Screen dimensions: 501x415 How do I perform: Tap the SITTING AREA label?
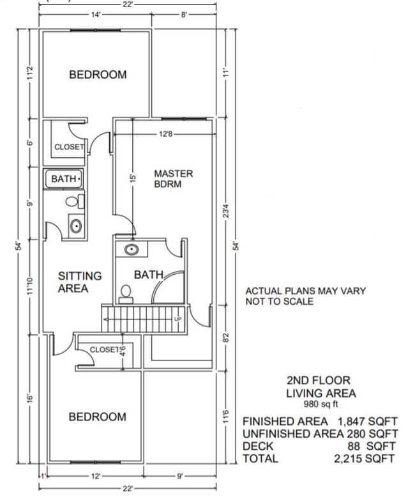[x=80, y=282]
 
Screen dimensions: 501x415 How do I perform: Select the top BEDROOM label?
[x=98, y=75]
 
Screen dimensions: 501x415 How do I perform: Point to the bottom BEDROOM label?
[x=98, y=417]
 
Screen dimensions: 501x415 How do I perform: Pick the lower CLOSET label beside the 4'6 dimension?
[x=104, y=350]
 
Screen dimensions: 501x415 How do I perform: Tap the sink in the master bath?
[x=132, y=249]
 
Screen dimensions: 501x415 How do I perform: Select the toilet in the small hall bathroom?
[x=73, y=202]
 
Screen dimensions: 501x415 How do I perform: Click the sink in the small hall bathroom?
[x=75, y=226]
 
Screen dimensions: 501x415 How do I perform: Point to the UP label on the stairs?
[x=177, y=319]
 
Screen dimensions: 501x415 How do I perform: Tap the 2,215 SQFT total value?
[x=366, y=459]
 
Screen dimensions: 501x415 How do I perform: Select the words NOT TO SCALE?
[x=280, y=301]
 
